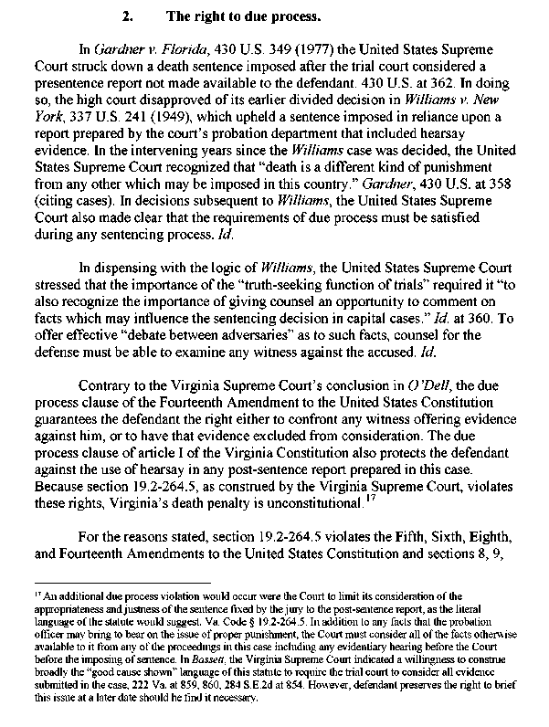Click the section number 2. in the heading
click(x=128, y=16)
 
